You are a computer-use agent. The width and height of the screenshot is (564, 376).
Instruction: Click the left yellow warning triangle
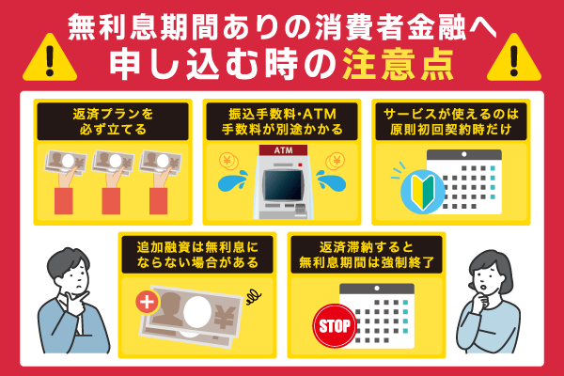point(50,59)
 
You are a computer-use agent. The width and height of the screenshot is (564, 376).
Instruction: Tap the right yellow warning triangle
point(514,59)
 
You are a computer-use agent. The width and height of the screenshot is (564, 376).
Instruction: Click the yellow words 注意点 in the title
point(398,65)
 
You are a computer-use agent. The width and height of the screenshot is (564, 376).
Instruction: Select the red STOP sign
point(335,326)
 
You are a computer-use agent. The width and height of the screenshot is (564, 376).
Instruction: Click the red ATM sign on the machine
point(284,150)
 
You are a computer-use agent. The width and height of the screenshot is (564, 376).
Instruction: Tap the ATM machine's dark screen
point(283,185)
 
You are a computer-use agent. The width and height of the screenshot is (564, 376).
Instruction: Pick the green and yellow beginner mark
point(423,192)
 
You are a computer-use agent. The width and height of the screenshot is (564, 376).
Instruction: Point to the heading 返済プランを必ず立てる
point(113,121)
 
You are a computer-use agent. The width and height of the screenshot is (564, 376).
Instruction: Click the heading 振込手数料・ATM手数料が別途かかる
point(282,121)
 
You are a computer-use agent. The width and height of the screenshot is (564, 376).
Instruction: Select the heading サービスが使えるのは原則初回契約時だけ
point(451,121)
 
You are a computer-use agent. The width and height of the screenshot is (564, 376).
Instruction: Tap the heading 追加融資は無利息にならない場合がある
point(197,255)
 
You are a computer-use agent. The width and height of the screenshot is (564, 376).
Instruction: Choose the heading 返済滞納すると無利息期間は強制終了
point(367,255)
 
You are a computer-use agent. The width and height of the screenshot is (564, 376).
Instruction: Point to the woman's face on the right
point(486,279)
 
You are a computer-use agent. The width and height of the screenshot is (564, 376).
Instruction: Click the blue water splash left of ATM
point(233,180)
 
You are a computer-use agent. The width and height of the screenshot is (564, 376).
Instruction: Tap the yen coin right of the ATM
point(336,161)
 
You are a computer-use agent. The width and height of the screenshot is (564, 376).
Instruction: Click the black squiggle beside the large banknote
point(254,297)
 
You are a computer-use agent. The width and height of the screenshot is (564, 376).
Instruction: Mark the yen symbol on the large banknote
point(225,317)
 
